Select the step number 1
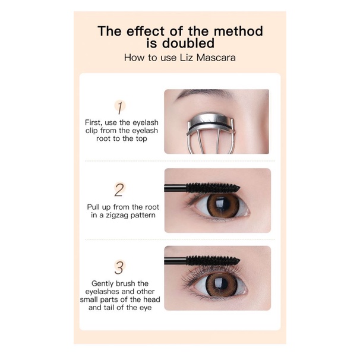[x=121, y=108]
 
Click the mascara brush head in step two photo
[x=211, y=188]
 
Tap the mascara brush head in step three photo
[x=211, y=260]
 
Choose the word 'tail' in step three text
[x=114, y=307]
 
